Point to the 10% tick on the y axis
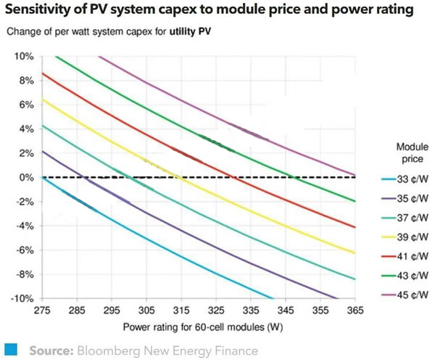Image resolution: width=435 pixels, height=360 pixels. [25, 57]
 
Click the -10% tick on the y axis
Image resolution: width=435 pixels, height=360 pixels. [23, 298]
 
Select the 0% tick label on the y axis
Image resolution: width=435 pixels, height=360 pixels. [28, 177]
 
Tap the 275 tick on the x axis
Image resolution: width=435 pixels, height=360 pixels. [43, 309]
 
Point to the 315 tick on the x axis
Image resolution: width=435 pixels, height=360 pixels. [182, 309]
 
